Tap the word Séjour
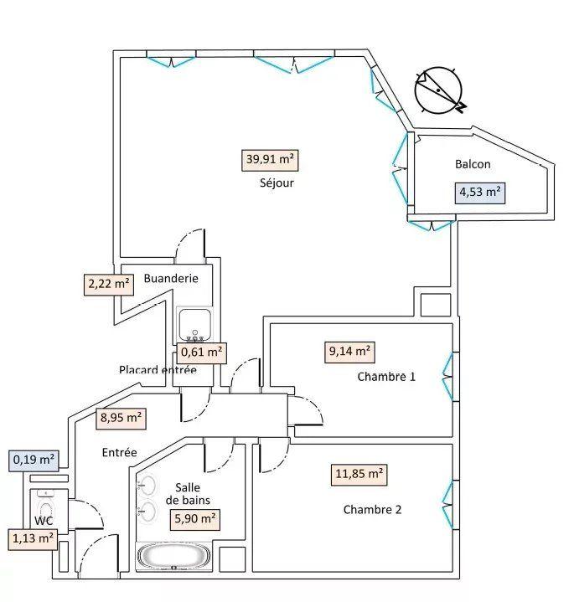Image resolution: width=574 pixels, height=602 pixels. coord(277,183)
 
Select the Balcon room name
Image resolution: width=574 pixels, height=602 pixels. coord(473,165)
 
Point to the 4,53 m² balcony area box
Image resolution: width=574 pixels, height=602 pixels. coord(479,193)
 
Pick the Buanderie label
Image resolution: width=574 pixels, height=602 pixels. coord(171,278)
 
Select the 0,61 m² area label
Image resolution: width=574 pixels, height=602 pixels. coord(201,352)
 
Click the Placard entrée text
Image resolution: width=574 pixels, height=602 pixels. coord(158,369)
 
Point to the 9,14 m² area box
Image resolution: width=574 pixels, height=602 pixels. coord(349,352)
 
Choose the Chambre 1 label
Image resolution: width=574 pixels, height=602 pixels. coord(386,377)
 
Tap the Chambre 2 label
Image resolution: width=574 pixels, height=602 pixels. coord(372,509)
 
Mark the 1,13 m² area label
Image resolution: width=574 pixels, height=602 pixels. coord(34,538)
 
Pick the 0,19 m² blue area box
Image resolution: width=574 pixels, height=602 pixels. coord(34,459)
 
